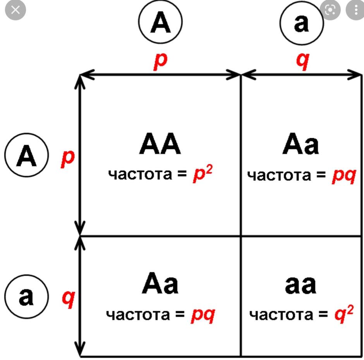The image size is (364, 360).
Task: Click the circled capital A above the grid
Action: [160, 22]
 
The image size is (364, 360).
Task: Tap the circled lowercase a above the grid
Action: [301, 22]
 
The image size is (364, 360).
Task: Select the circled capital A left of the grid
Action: [26, 155]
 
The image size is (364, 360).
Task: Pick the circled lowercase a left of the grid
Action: [26, 297]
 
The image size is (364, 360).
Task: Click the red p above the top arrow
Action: [160, 61]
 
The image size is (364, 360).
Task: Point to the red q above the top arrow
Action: [303, 61]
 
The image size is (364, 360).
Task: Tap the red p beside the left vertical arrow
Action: [67, 159]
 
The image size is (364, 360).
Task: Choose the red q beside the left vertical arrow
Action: [68, 299]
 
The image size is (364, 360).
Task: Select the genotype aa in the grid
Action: [300, 285]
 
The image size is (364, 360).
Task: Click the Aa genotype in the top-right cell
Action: [300, 144]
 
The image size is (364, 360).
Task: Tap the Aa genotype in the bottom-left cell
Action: [160, 283]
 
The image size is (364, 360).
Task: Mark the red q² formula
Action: [344, 314]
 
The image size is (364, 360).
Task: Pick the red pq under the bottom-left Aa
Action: [203, 315]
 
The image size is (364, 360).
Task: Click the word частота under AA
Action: [140, 175]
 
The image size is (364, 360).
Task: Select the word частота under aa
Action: [281, 315]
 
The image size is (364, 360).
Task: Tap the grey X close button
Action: [15, 10]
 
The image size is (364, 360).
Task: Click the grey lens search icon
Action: [330, 10]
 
